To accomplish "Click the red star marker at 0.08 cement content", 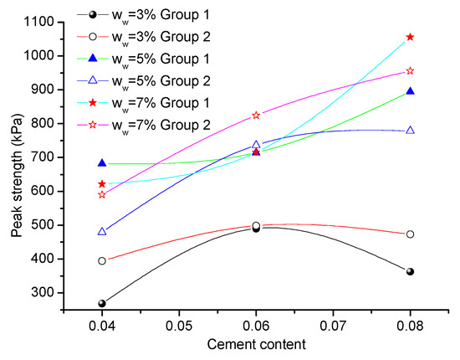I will click(x=410, y=37).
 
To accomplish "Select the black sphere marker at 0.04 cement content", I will click(x=102, y=303).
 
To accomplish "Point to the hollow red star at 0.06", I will click(x=256, y=115).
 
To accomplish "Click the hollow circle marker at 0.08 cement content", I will click(x=410, y=234).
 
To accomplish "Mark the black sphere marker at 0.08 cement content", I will click(x=410, y=271).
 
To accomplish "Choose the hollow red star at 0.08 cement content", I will click(x=410, y=71).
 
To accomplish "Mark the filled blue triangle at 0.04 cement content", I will click(x=102, y=162).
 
